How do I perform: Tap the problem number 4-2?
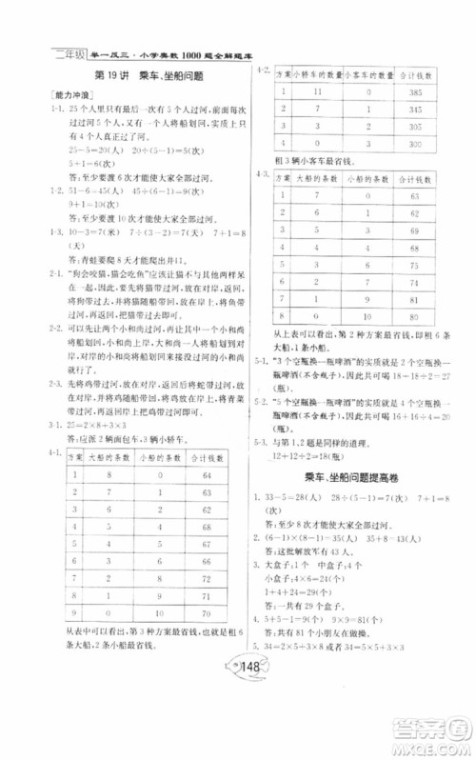coord(262,70)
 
